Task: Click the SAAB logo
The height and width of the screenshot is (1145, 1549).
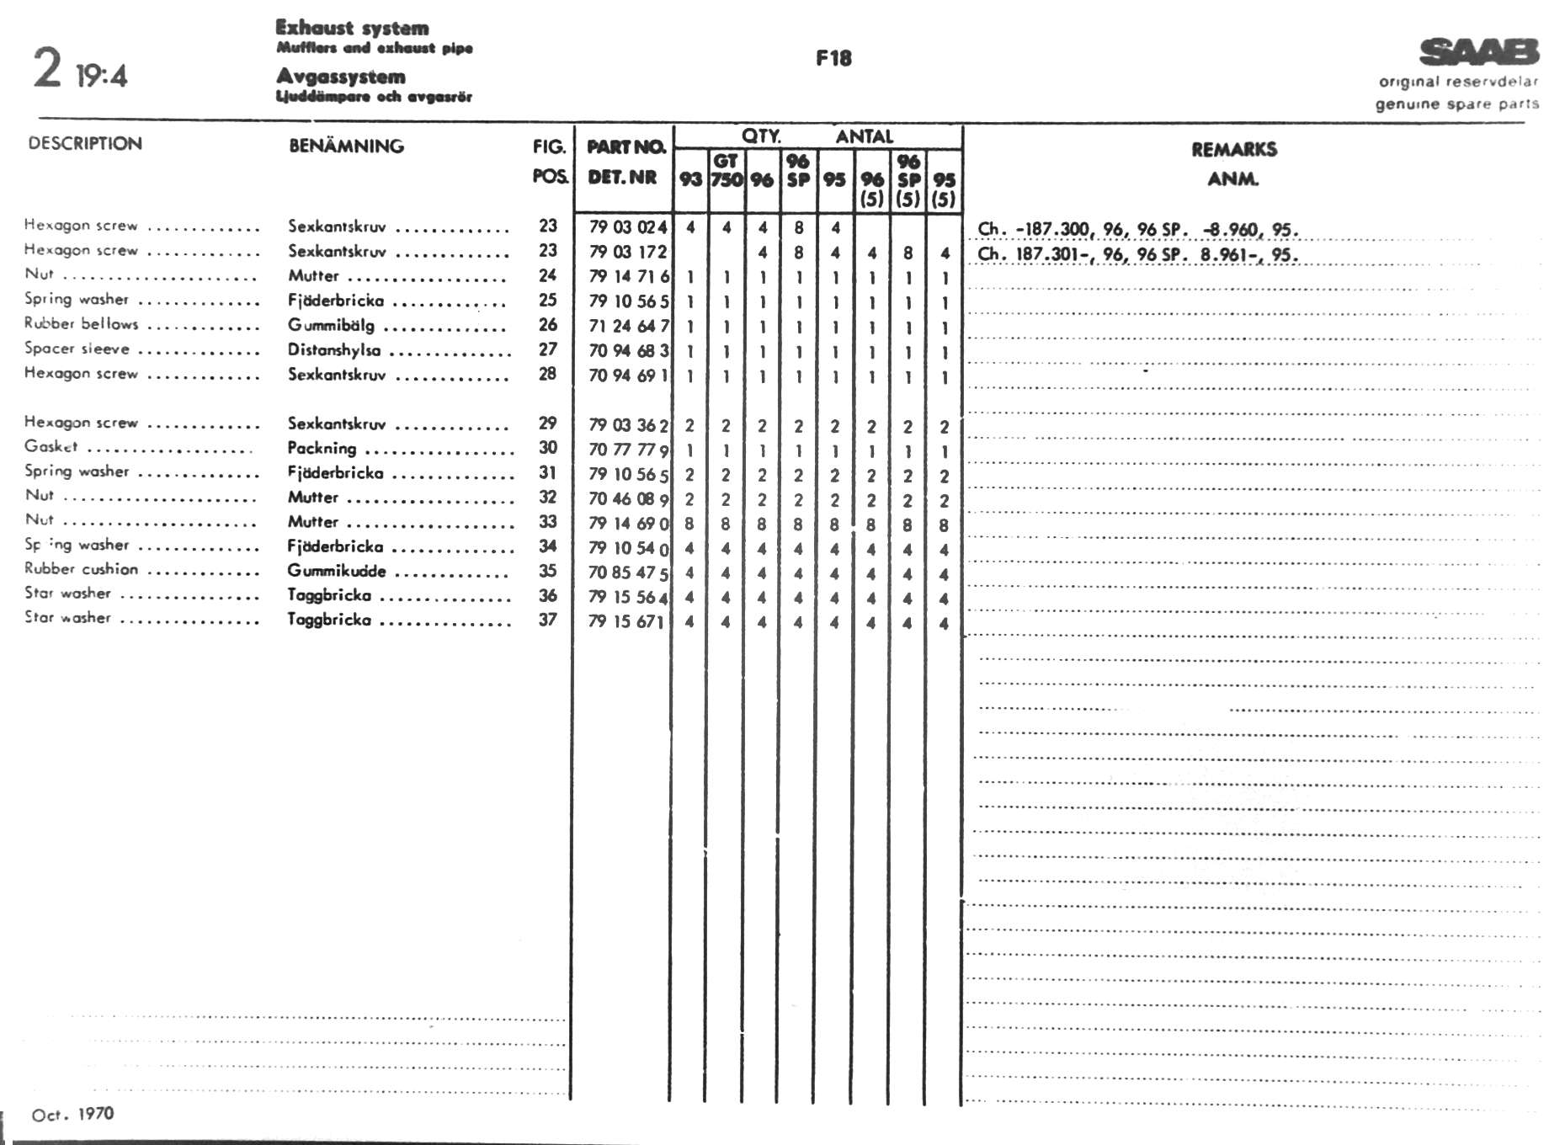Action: click(x=1479, y=52)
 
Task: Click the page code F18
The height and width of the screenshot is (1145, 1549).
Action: click(x=833, y=58)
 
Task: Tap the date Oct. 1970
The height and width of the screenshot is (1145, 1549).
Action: click(x=72, y=1114)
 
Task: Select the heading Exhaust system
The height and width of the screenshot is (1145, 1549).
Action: click(x=352, y=28)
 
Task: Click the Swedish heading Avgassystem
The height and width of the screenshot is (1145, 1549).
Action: click(x=341, y=77)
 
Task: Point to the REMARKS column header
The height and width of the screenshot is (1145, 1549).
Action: click(x=1233, y=150)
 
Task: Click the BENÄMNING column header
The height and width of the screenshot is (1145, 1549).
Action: click(x=346, y=146)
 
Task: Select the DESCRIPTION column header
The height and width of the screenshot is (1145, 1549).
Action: click(x=85, y=143)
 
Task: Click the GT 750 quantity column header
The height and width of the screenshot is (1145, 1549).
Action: click(x=726, y=170)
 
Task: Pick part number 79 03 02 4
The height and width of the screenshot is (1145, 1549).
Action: click(x=627, y=226)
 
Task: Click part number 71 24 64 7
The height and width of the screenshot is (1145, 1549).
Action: click(x=628, y=325)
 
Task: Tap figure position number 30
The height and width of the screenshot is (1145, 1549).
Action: click(x=548, y=448)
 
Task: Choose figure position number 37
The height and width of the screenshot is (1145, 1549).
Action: click(x=548, y=620)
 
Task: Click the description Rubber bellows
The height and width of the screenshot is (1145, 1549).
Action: click(x=81, y=323)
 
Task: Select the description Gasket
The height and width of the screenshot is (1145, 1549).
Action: click(x=51, y=446)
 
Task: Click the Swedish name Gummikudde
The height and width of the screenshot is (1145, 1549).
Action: click(x=337, y=571)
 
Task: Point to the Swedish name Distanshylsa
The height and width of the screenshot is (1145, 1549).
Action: click(x=334, y=349)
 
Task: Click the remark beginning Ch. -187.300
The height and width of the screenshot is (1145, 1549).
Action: click(x=1137, y=229)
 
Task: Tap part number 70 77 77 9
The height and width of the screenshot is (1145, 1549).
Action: click(x=628, y=449)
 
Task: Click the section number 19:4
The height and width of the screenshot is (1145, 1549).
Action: click(x=101, y=77)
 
